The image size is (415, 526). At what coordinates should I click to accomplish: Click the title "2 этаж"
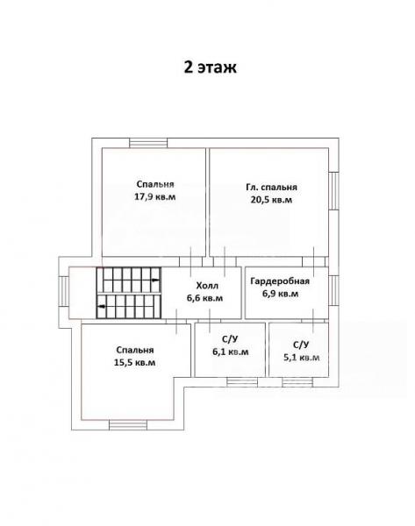coord(210,68)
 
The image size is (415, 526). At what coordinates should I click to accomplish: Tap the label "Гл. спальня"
coord(271,188)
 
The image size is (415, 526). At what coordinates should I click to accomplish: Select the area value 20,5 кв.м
coord(271,200)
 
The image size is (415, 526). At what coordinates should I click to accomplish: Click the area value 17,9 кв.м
coord(154,196)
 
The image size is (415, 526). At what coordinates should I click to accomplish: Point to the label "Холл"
coord(207,286)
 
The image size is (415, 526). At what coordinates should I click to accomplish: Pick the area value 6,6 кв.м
coord(204,298)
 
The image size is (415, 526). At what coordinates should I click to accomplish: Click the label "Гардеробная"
coord(280,281)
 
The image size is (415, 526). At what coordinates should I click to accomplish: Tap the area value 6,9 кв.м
coord(280,294)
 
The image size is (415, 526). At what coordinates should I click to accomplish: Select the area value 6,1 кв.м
coord(231,352)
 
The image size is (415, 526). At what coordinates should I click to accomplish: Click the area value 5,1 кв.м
coord(301,358)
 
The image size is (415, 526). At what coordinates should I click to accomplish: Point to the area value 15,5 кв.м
coord(134,363)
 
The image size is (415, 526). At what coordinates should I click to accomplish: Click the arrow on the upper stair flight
coord(155,281)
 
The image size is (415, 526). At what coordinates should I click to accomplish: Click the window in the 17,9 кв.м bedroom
coord(148,143)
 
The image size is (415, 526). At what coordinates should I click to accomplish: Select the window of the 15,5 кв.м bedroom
coord(128,425)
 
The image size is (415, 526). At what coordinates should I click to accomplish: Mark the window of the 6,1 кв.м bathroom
coord(242,382)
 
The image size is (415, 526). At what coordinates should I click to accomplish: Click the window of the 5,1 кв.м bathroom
coord(297,382)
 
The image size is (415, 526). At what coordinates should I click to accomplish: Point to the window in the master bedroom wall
coord(333,191)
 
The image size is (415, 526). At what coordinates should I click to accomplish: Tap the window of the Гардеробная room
coord(333,290)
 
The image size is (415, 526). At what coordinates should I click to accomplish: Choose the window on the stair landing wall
coord(63,291)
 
